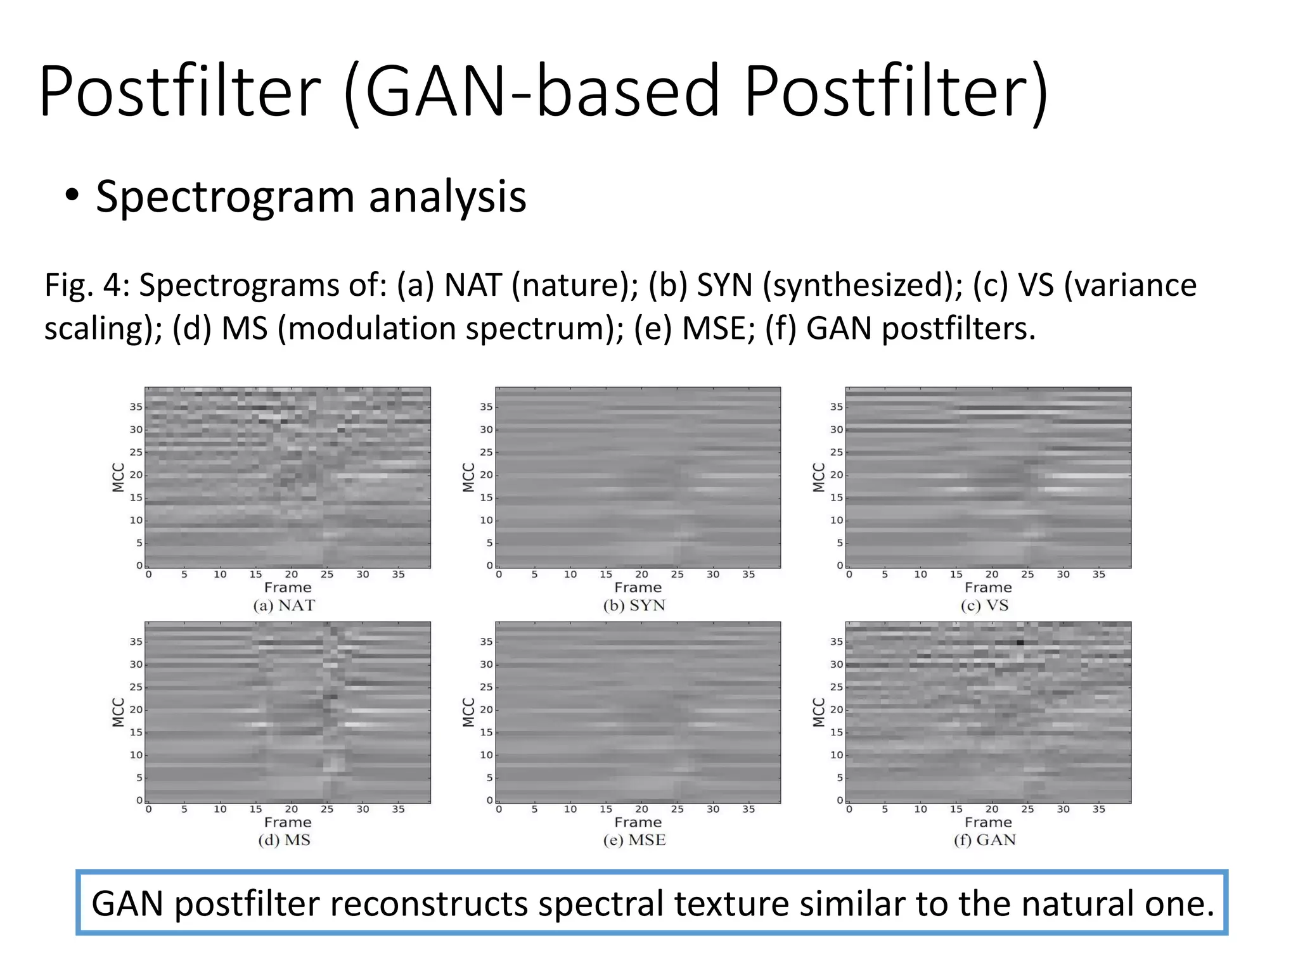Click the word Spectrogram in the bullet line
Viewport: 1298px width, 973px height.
225,198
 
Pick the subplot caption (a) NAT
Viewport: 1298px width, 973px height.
284,606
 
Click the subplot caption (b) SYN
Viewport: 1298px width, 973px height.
634,606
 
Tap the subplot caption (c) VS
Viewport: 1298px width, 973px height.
984,606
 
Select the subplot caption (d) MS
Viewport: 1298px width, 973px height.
284,841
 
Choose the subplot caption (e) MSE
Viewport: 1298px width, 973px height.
634,841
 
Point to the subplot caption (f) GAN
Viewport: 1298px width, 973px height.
984,841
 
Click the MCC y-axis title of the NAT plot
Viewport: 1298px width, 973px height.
118,478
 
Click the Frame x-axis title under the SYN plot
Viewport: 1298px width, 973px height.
638,588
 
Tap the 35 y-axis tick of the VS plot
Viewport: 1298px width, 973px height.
837,407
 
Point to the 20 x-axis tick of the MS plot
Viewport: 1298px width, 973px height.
291,810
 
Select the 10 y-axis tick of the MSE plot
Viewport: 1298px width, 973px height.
485,755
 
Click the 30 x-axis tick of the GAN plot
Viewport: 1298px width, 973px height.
1063,810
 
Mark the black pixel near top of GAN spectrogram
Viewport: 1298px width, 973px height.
1020,642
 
